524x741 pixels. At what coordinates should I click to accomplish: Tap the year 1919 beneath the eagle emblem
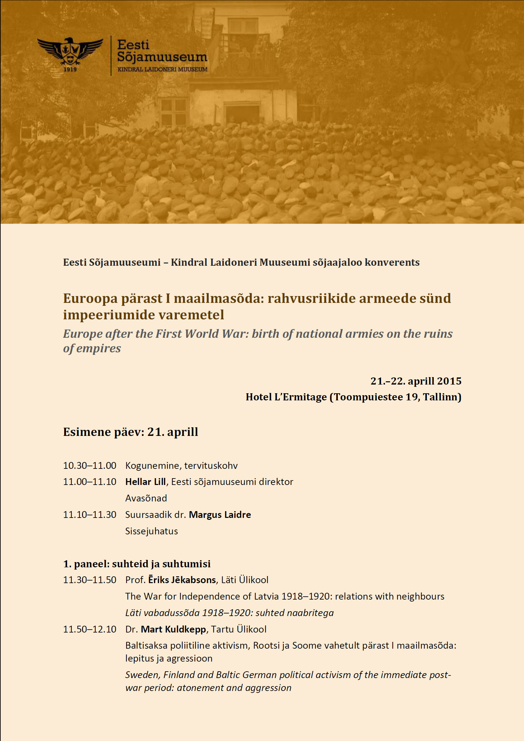[70, 69]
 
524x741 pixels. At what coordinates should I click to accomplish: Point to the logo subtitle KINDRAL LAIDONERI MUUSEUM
[162, 69]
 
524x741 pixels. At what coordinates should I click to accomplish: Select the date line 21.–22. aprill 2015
[416, 381]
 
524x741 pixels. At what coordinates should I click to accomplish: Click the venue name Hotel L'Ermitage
[286, 397]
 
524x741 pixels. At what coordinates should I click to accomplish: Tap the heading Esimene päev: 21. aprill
[130, 432]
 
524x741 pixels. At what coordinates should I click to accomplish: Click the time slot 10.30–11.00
[89, 466]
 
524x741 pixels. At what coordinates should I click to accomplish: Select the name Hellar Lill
[145, 482]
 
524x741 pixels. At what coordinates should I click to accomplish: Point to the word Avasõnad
[146, 498]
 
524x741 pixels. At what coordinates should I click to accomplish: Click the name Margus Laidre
[220, 515]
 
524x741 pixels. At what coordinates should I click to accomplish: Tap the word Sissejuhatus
[151, 531]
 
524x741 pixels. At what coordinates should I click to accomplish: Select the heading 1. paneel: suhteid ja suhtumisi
[136, 564]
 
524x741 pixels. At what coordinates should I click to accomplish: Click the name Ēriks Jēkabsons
[182, 580]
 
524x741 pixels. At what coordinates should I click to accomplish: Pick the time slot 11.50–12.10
[89, 629]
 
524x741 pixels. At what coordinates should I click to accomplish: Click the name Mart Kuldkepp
[173, 629]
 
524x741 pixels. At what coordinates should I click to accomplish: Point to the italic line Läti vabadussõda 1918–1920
[229, 613]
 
